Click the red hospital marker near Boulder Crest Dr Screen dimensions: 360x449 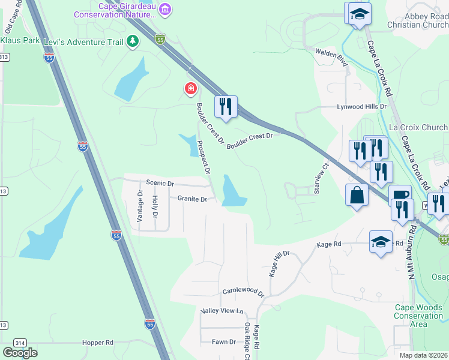coord(190,89)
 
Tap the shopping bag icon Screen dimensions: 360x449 coord(357,195)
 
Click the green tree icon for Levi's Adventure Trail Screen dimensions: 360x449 coord(133,41)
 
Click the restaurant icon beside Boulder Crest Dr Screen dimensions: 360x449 coord(226,107)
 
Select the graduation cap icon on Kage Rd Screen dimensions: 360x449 coord(381,241)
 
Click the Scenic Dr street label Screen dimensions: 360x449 coord(160,183)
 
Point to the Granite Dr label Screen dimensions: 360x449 coord(192,199)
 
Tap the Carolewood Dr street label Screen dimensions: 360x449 coord(243,292)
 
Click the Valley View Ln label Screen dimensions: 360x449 coord(222,311)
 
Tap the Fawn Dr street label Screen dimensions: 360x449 coord(223,341)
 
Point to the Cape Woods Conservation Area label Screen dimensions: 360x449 coord(418,316)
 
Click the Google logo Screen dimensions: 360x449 coord(20,352)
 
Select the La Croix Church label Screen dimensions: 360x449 coord(418,127)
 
